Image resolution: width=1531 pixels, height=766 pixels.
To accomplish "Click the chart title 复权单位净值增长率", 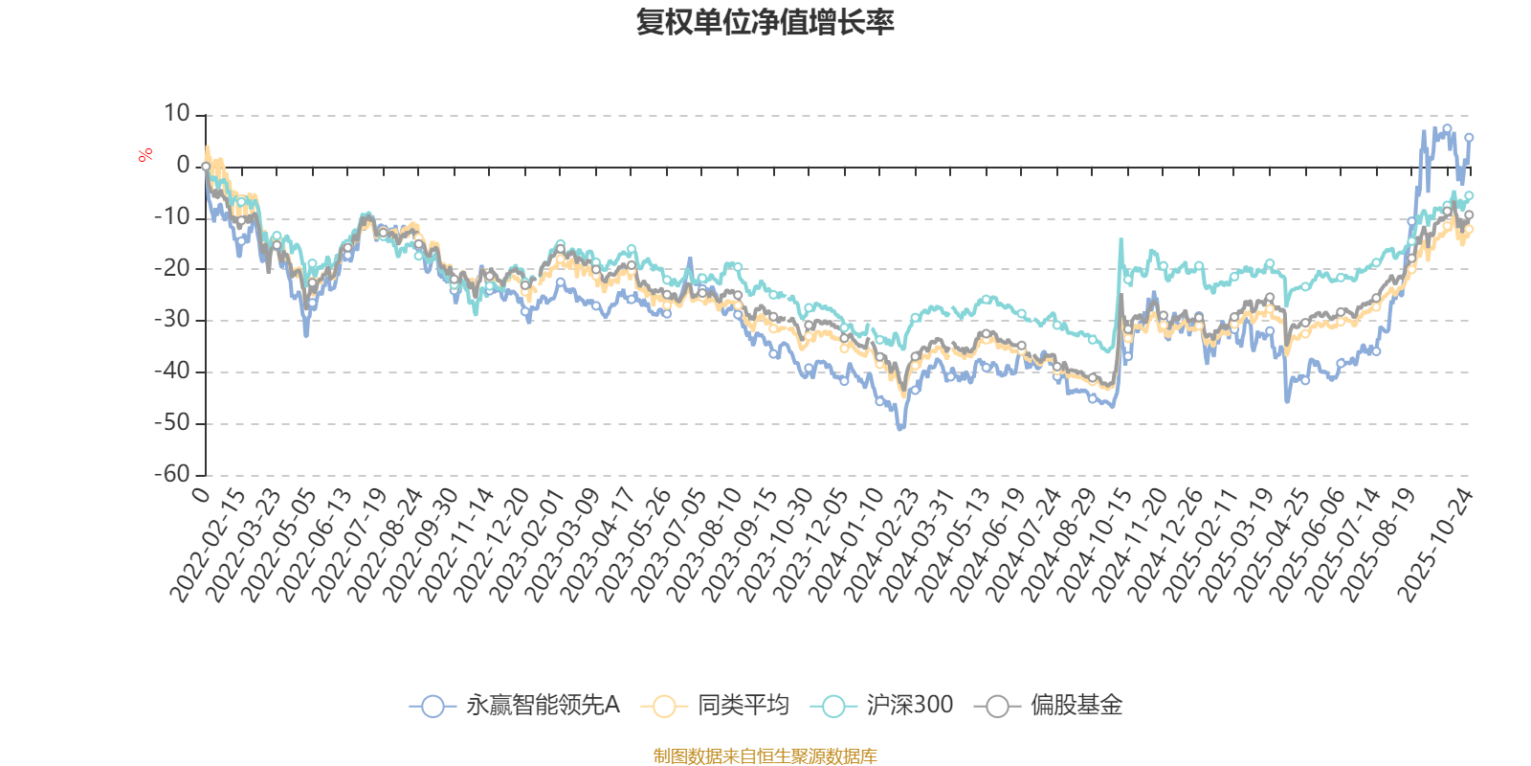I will tap(765, 22).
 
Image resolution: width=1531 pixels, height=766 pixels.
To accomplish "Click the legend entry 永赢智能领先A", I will tap(517, 706).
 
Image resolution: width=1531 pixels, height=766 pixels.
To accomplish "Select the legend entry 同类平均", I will tap(718, 706).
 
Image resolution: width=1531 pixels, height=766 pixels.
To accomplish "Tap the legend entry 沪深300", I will tap(884, 706).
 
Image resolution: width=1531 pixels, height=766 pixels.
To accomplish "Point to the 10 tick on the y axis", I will tap(177, 114).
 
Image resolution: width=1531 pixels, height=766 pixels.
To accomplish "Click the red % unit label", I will tap(145, 154).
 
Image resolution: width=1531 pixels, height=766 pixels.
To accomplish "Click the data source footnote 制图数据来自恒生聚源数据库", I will tap(765, 756).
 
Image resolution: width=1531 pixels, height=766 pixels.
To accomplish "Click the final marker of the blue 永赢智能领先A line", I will tap(1469, 137).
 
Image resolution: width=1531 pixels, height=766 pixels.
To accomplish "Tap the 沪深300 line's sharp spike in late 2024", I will tap(1121, 239).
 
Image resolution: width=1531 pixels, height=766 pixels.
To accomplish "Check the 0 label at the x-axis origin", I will tap(200, 494).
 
